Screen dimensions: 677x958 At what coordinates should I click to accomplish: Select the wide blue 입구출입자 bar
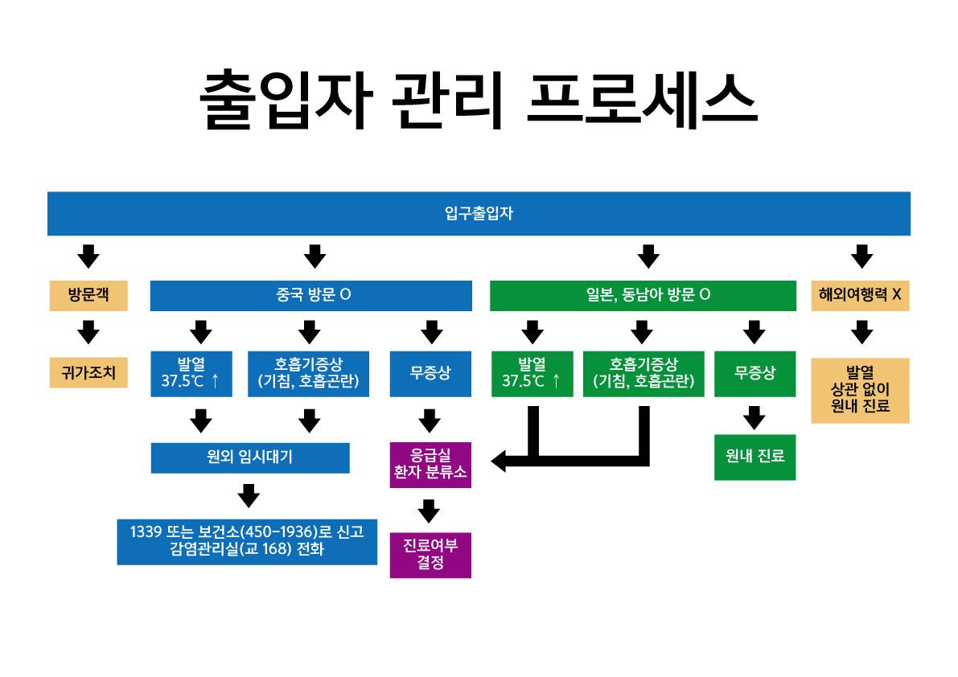(x=479, y=213)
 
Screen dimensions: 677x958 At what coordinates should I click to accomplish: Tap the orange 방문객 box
(x=88, y=295)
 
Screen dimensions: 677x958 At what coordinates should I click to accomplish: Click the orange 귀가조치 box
(x=88, y=373)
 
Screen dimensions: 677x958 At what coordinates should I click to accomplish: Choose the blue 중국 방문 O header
(x=310, y=295)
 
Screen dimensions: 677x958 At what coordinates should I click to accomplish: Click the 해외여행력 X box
(x=860, y=295)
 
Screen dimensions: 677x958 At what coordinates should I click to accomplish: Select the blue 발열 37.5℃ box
(x=191, y=374)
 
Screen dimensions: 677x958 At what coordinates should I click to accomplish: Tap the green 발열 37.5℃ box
(x=532, y=374)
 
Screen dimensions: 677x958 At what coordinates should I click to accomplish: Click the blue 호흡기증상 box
(x=308, y=374)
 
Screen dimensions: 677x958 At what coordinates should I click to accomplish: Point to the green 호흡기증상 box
(x=643, y=374)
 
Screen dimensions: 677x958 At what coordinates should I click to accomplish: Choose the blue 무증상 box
(x=430, y=374)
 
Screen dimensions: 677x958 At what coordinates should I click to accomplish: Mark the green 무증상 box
(x=754, y=374)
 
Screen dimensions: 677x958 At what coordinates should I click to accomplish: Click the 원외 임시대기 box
(x=250, y=458)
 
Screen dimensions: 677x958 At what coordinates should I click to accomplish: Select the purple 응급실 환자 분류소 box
(x=430, y=464)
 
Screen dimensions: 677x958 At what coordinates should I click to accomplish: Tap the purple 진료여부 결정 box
(x=430, y=555)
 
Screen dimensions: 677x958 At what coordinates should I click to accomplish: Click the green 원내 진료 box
(x=754, y=457)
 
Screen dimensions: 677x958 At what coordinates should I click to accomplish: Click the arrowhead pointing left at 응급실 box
(x=500, y=462)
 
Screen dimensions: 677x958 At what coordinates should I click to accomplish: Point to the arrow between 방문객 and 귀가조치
(x=88, y=332)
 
